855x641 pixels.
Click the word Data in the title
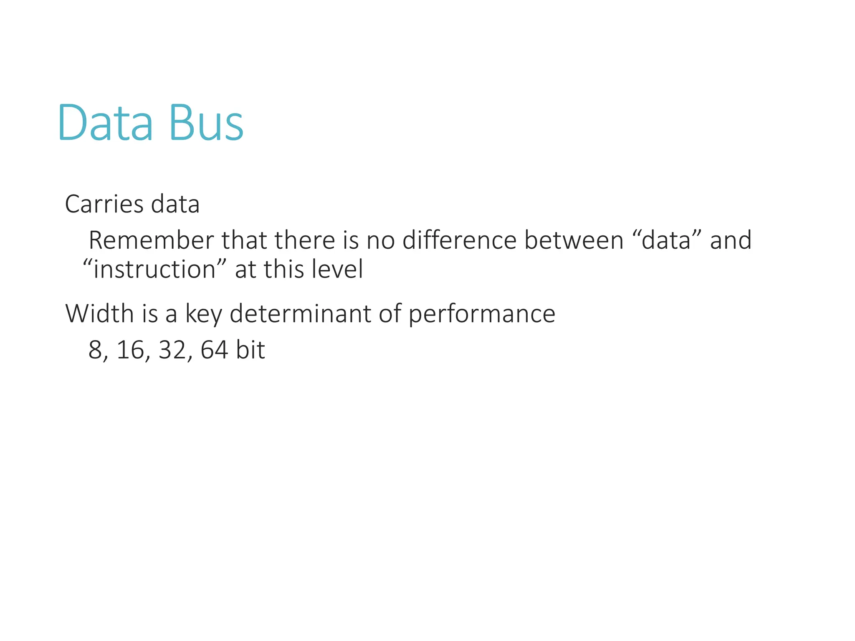click(105, 123)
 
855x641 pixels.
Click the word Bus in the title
click(206, 123)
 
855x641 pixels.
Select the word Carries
click(104, 204)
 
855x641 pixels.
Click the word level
click(339, 269)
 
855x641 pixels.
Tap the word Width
click(99, 313)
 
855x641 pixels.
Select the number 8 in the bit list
click(95, 350)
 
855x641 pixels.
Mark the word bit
click(250, 350)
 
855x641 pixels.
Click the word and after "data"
click(731, 240)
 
